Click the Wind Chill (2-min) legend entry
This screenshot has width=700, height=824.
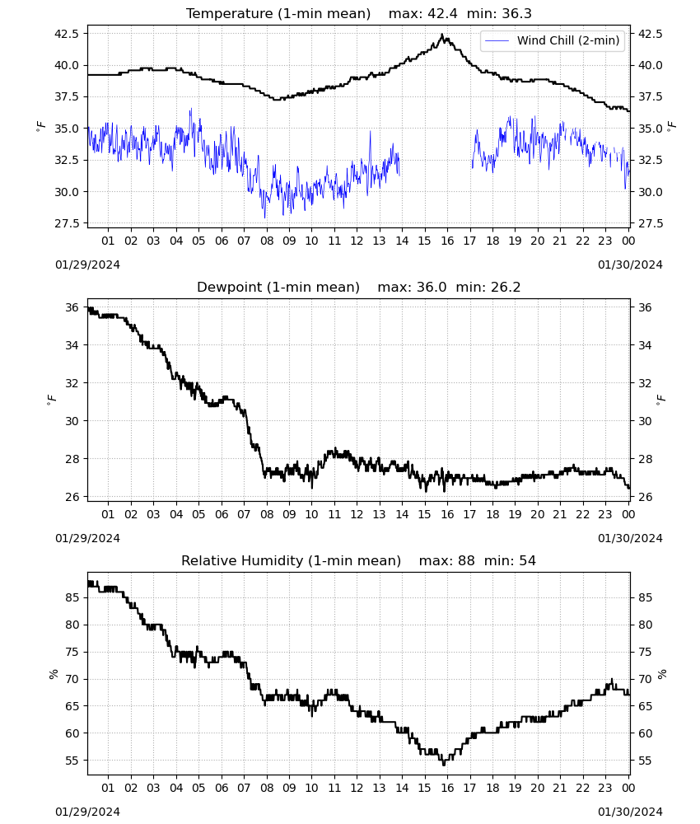click(x=552, y=40)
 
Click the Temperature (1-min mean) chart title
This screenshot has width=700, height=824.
click(x=278, y=14)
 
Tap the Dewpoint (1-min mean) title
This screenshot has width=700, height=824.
click(x=278, y=288)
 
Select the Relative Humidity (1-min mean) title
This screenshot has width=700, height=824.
click(x=291, y=560)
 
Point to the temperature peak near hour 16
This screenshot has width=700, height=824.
click(x=442, y=35)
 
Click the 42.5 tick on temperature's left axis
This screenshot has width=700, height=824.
click(x=67, y=34)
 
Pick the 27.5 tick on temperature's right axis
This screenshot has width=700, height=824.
click(x=650, y=223)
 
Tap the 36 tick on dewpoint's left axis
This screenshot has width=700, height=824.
click(x=72, y=307)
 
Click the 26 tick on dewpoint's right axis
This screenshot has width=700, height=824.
click(x=645, y=497)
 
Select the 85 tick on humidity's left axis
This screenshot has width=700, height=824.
click(x=72, y=597)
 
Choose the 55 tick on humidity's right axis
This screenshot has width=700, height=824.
click(x=645, y=761)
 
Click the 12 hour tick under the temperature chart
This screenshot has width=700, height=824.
click(x=357, y=241)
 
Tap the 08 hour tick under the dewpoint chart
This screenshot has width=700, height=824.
click(x=267, y=514)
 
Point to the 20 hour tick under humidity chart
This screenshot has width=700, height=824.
click(x=538, y=788)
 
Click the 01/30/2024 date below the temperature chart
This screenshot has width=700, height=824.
click(x=630, y=265)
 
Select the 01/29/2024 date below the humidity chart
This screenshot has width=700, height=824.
click(x=87, y=812)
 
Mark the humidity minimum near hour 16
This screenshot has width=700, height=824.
click(x=444, y=764)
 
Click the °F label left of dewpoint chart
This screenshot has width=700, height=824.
click(x=51, y=400)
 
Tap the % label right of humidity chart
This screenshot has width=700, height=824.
click(x=662, y=674)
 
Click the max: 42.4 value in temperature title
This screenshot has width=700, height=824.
click(x=423, y=14)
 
